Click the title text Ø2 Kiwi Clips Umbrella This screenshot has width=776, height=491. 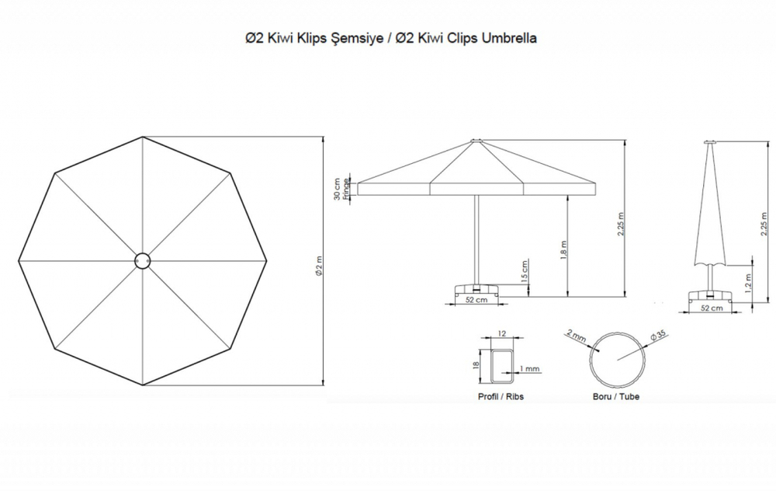point(466,38)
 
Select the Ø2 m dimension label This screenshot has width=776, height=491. point(319,266)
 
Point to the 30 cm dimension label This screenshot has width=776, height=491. point(337,190)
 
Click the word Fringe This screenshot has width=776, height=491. point(346,188)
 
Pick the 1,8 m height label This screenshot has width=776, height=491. point(563,250)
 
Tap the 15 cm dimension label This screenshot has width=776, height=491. point(525,270)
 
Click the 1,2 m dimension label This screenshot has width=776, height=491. point(748,283)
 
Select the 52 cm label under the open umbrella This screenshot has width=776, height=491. point(476,300)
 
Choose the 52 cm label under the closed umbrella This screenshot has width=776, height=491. point(712,308)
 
